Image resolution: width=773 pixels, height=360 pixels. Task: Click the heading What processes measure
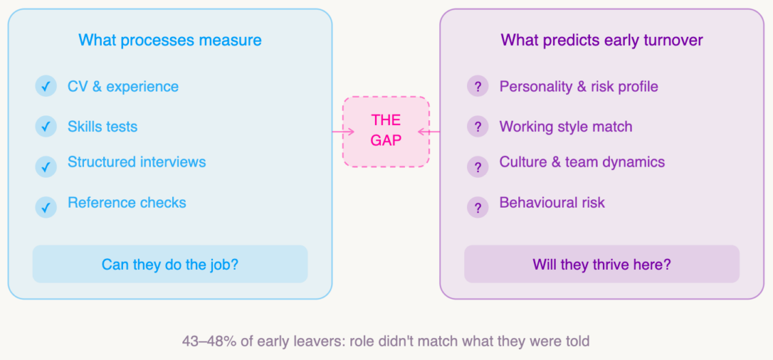click(169, 40)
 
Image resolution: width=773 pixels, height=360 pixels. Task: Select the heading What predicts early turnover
click(602, 40)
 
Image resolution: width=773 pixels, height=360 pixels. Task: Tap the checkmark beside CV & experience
click(46, 87)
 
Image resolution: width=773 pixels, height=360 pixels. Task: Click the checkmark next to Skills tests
click(46, 126)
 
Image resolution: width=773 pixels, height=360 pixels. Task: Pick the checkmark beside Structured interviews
click(46, 166)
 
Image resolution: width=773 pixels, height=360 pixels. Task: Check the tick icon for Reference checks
click(46, 207)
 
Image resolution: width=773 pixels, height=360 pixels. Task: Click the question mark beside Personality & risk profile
click(477, 87)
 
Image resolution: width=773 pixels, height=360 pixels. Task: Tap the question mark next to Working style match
click(477, 126)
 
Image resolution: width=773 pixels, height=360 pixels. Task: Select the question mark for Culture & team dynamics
click(477, 167)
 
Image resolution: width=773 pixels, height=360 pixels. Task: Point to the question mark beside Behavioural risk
click(477, 207)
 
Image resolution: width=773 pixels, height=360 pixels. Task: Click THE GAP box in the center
click(386, 131)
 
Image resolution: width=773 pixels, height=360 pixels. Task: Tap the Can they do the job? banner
click(170, 264)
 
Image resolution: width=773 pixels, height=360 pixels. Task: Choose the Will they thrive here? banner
click(602, 264)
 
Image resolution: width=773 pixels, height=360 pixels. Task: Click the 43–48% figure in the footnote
click(206, 340)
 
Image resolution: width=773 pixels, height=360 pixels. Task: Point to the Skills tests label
click(102, 126)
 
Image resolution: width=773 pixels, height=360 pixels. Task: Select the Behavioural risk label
click(552, 202)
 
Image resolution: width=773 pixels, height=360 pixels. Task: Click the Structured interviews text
click(137, 162)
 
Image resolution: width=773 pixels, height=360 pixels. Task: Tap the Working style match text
click(565, 126)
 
